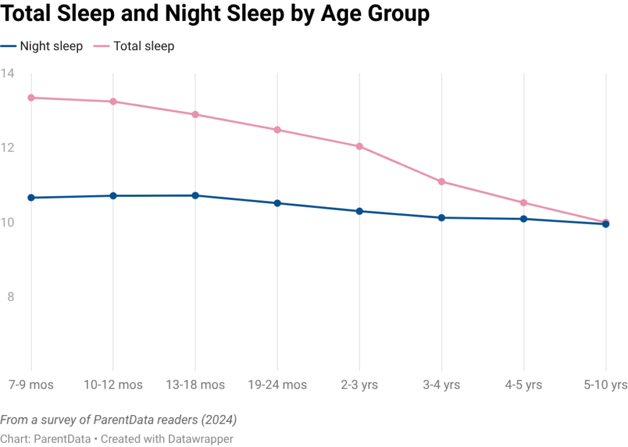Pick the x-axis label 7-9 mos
(31, 385)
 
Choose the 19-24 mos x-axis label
(277, 385)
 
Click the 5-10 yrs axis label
(605, 385)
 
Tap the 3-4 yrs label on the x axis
(442, 385)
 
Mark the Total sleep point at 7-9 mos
(31, 97)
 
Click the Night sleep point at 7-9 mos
(31, 197)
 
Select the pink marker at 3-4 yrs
(442, 181)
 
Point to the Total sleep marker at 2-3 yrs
(359, 146)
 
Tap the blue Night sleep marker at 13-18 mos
(195, 195)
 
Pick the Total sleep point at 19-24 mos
(277, 129)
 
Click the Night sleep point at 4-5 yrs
(524, 218)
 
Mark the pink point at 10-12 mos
(113, 101)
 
